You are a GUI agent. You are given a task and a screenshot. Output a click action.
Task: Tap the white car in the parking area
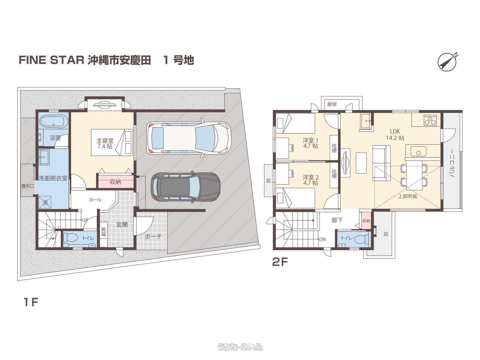[189, 138]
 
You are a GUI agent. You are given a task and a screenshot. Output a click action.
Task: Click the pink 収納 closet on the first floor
[115, 181]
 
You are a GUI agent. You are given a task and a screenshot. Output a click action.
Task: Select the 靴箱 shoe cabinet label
[103, 232]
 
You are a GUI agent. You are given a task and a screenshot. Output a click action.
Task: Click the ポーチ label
[153, 237]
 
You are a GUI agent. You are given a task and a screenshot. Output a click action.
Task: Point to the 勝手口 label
[27, 186]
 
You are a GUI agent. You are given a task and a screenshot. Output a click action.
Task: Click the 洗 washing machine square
[45, 202]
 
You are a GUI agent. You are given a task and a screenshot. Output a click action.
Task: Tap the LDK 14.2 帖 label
[395, 135]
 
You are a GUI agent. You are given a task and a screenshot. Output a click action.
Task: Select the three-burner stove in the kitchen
[430, 121]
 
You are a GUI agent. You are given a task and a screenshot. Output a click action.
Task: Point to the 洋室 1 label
[310, 143]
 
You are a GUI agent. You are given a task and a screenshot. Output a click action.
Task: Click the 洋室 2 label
[310, 180]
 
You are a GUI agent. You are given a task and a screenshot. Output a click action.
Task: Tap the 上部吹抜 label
[407, 196]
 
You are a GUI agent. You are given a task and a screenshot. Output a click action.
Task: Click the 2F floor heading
[280, 262]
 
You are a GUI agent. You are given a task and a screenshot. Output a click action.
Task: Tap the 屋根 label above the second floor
[332, 104]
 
